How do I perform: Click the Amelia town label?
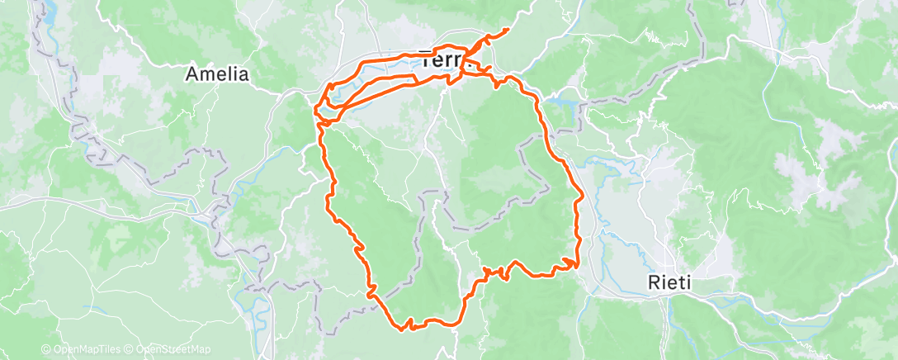[x=217, y=74]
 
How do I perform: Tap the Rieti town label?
[x=670, y=282]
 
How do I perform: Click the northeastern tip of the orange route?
[x=507, y=30]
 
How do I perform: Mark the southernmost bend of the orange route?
[x=404, y=329]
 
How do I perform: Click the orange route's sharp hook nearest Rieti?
[x=575, y=262]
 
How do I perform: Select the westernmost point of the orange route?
[x=316, y=107]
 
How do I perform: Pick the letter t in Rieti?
[x=682, y=282]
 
